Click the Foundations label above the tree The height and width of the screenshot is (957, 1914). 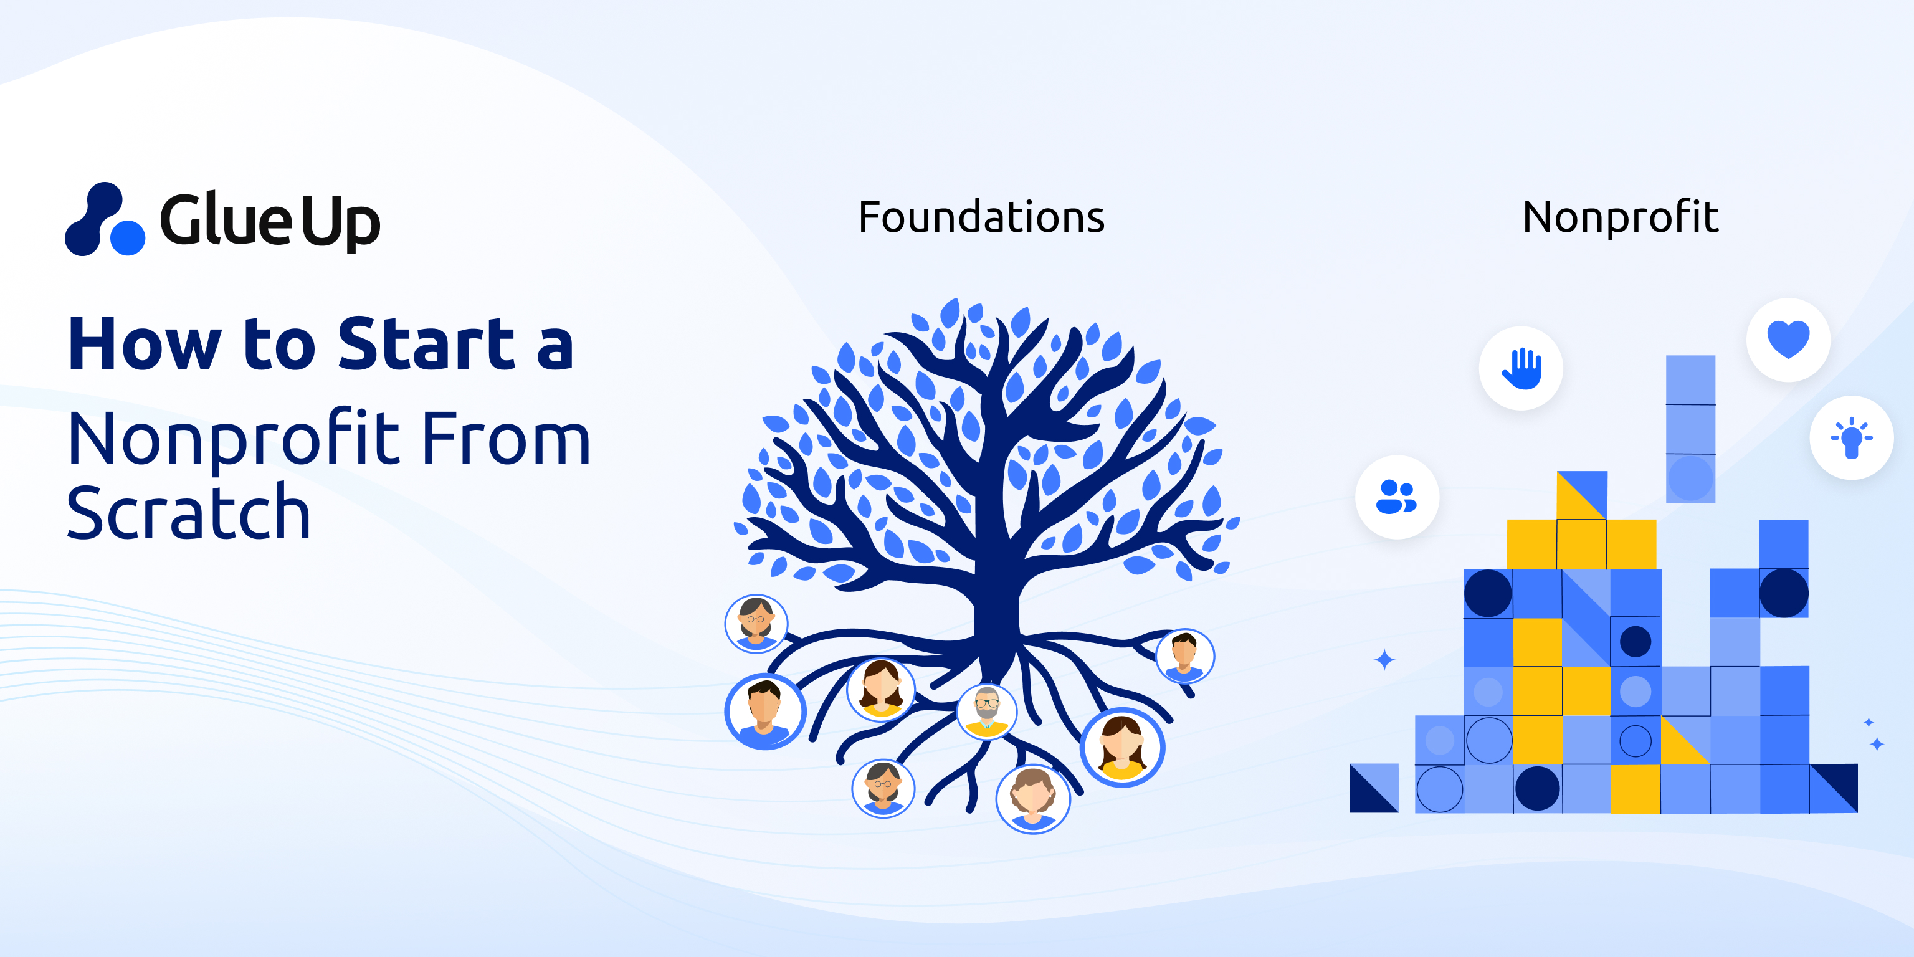pos(981,217)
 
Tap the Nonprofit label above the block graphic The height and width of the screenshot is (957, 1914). pos(1620,217)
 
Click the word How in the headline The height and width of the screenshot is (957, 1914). pos(145,344)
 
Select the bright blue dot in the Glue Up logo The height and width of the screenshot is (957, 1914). pos(128,238)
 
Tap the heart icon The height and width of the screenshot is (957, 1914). pos(1788,340)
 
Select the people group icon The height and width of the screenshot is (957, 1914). pos(1397,497)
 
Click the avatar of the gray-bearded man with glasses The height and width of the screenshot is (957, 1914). pos(987,710)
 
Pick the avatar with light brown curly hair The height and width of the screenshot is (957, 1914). pos(1033,799)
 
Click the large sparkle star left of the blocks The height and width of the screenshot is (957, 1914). pos(1384,660)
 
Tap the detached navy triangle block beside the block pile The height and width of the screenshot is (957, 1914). pos(1373,788)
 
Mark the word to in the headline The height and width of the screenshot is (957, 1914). pos(279,344)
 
